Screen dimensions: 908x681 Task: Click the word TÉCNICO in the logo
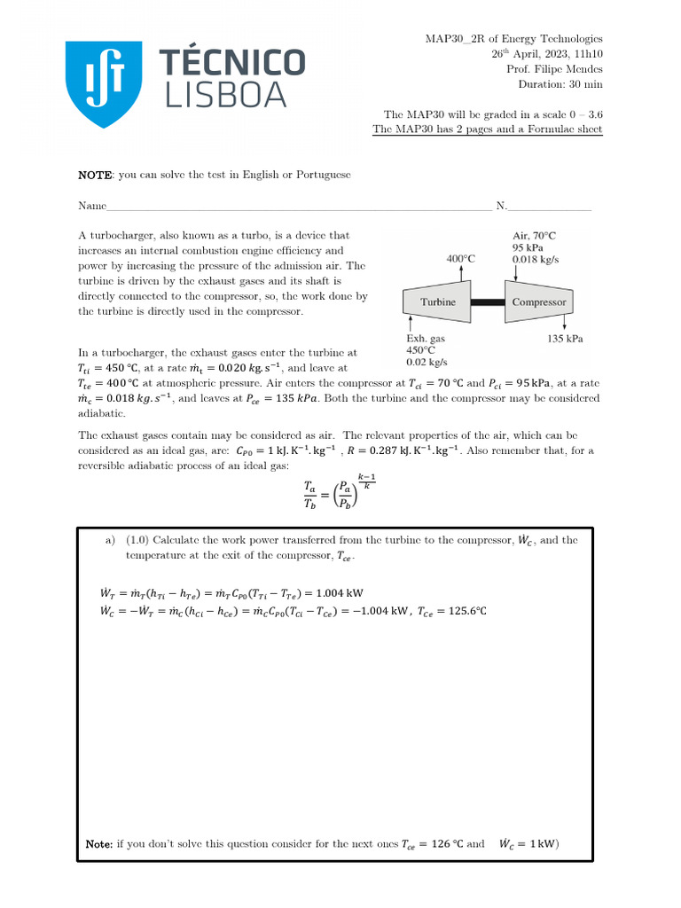[231, 63]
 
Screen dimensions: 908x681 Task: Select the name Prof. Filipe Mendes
[554, 69]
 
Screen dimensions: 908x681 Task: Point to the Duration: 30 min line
[560, 84]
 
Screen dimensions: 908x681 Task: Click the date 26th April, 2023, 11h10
[547, 54]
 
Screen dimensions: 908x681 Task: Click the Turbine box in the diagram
[438, 302]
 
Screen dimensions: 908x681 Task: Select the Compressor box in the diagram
[538, 302]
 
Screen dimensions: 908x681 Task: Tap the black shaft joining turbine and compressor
[487, 302]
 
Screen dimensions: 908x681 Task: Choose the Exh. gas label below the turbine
[427, 338]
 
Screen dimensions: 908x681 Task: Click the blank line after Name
[298, 208]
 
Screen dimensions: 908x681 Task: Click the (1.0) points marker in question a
[140, 540]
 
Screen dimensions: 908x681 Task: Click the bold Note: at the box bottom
[99, 844]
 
